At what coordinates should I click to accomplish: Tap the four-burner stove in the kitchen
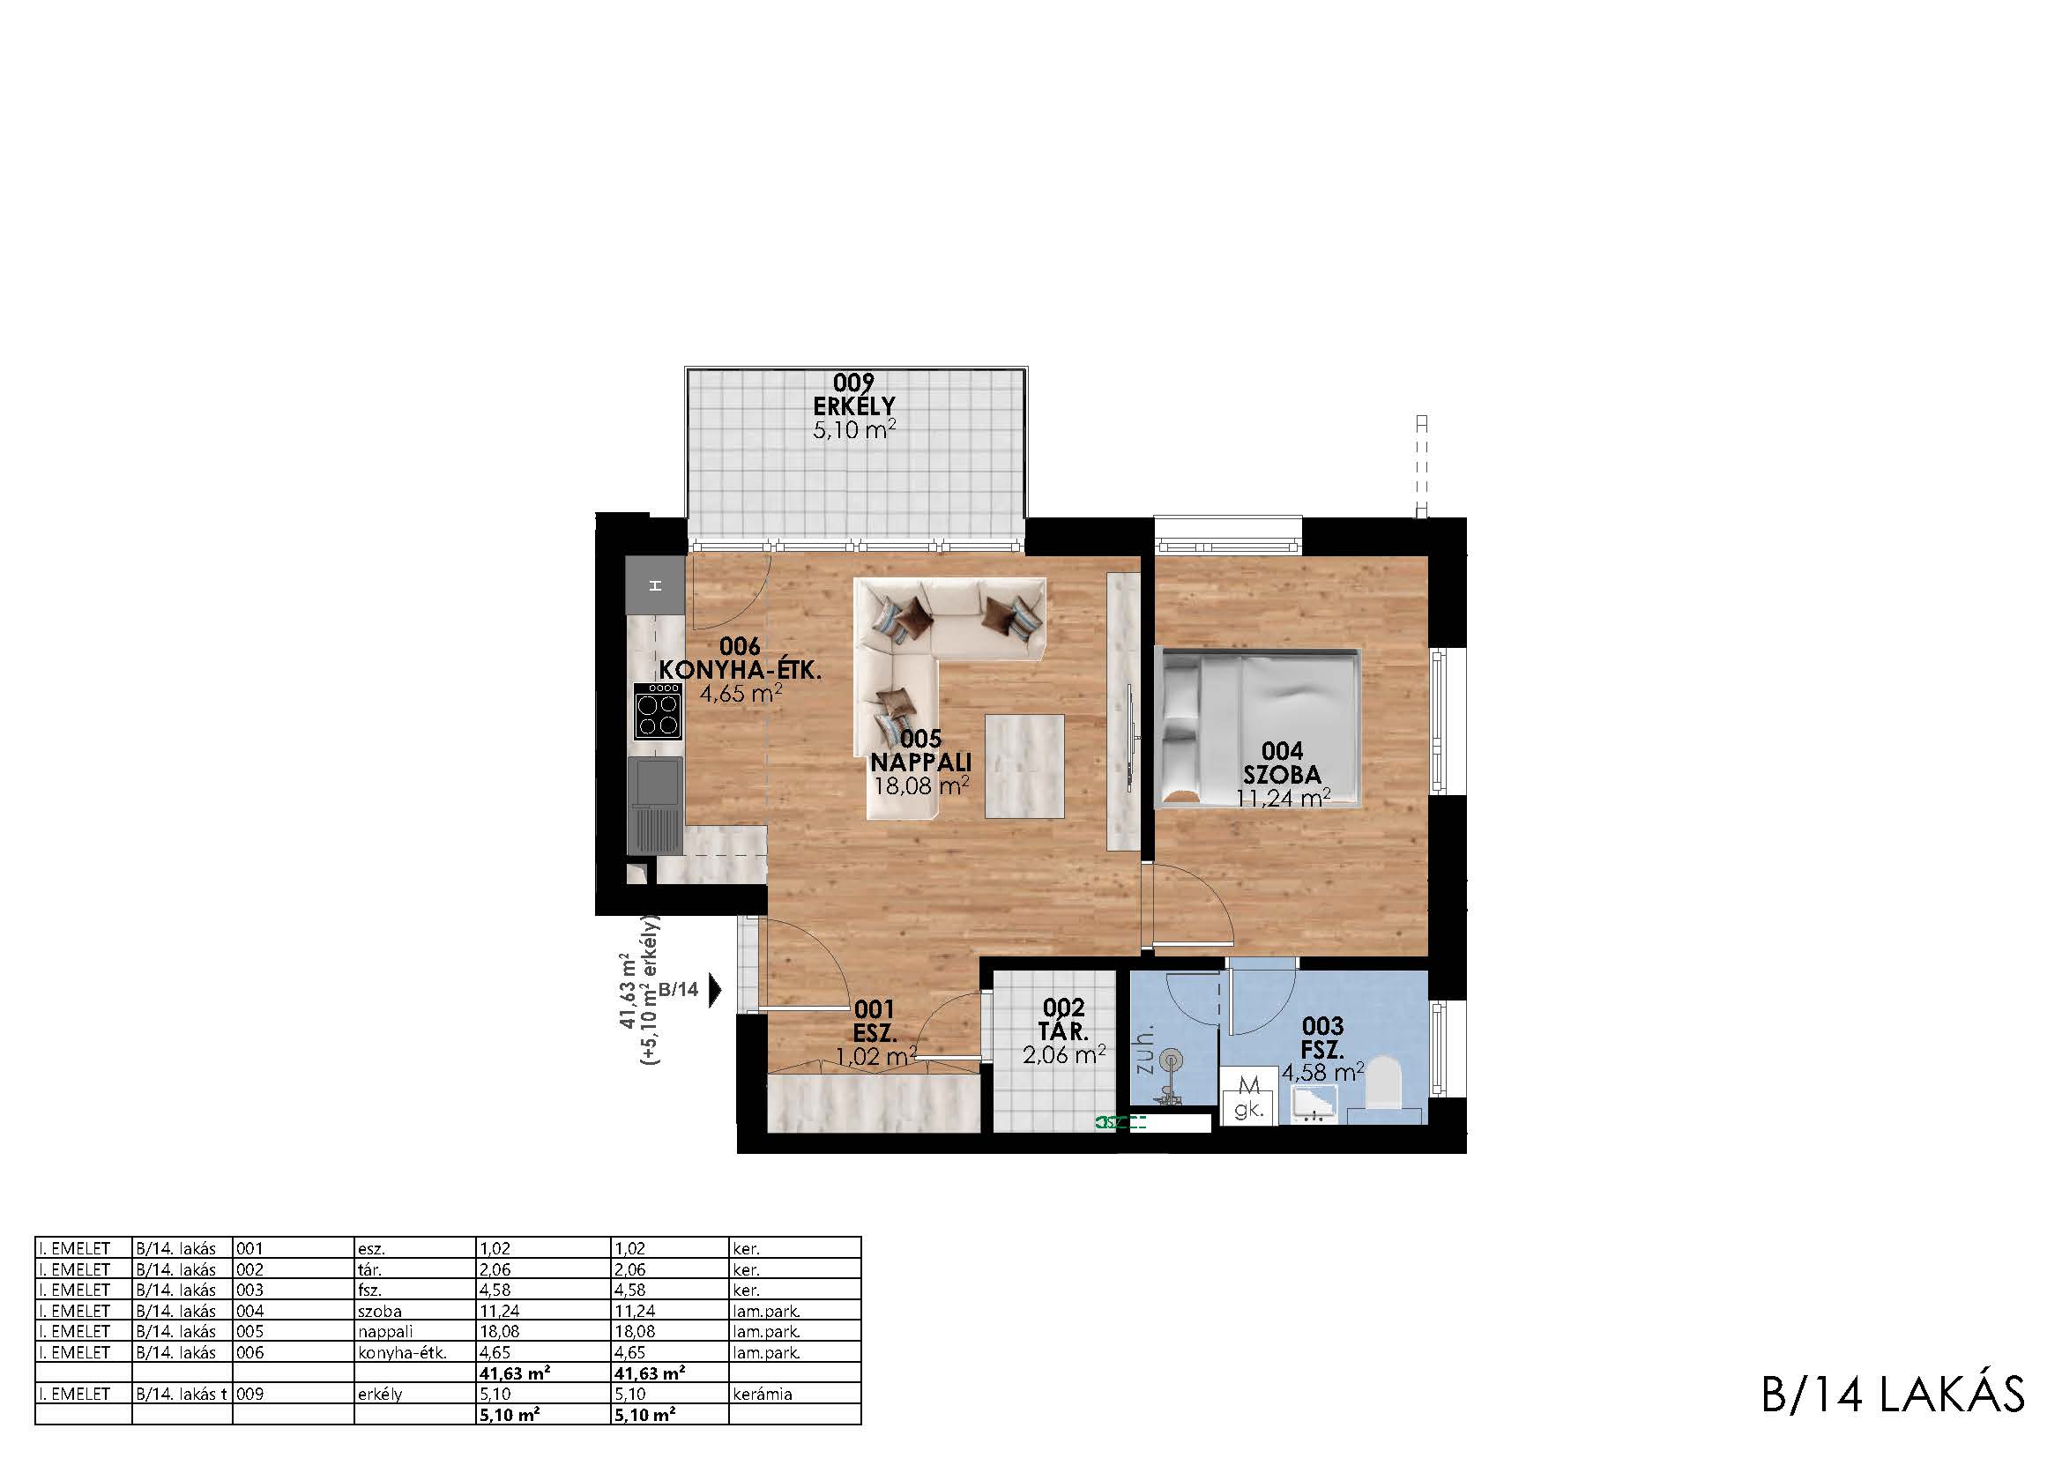point(658,711)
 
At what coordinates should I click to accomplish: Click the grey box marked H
point(656,585)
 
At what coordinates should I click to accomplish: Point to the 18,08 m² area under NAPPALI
point(921,786)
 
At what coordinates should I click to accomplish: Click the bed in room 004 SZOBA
point(1258,728)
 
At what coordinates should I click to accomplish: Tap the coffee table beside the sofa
point(1024,766)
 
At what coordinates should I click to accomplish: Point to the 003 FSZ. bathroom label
point(1322,1038)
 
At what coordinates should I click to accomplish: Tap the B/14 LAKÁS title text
point(1893,1395)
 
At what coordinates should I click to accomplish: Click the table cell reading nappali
point(386,1331)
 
